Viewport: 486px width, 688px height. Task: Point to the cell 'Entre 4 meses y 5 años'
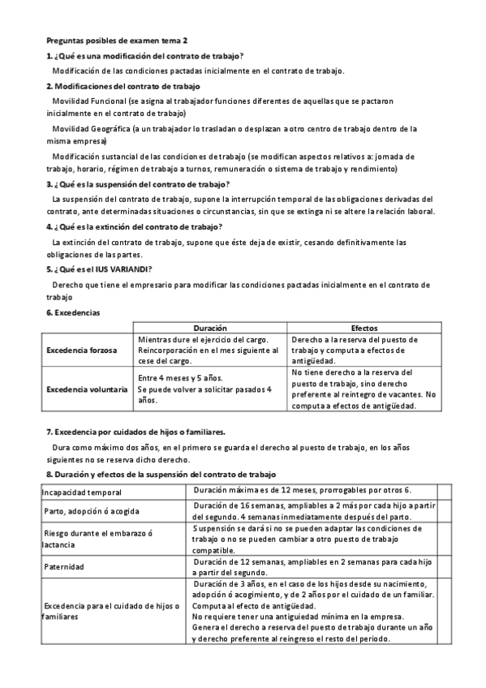coord(181,378)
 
